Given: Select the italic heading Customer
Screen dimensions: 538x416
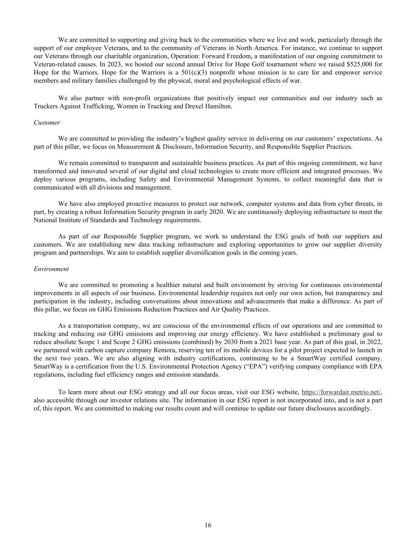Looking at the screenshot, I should pos(47,123).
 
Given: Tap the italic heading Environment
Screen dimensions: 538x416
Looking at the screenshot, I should pos(51,269).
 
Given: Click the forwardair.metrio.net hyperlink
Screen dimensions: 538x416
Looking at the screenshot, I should pos(341,392).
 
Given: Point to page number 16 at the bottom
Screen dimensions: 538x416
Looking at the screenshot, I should pos(208,525).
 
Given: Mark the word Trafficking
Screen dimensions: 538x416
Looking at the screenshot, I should pos(95,106).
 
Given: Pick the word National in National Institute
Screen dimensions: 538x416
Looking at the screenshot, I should pos(45,220).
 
